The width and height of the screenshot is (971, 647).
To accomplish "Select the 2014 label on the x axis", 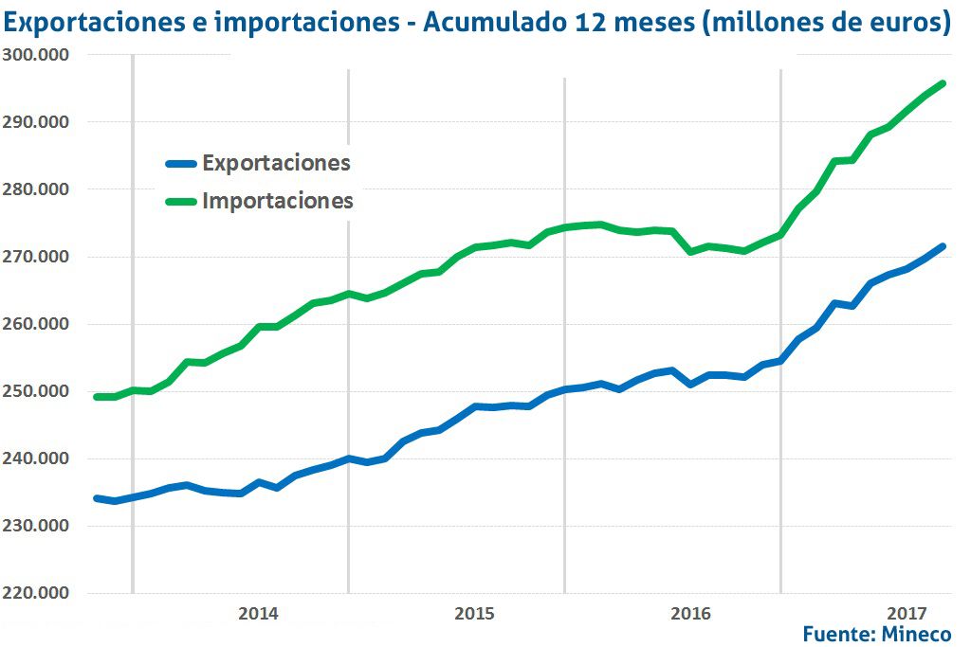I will point(258,614).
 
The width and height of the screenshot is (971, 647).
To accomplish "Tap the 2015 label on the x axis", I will point(474,614).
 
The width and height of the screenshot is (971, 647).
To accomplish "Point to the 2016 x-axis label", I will point(690,614).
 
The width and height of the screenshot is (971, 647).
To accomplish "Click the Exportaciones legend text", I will point(276,163).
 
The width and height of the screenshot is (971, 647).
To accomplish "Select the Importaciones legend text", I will point(278,201).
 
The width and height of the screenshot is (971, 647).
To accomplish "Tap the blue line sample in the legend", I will point(179,163).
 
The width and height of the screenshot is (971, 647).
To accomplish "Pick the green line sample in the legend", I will point(179,201).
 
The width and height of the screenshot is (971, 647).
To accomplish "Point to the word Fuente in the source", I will point(836,634).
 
